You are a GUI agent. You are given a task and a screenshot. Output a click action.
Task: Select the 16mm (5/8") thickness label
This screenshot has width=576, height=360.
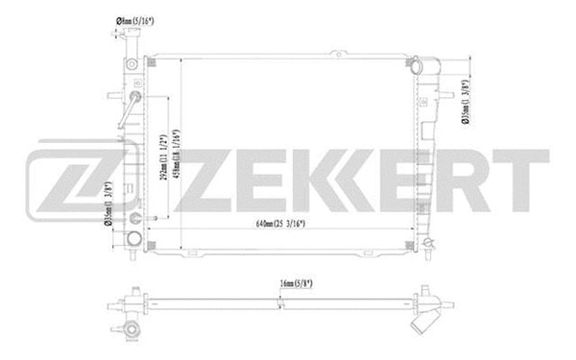point(289,284)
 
